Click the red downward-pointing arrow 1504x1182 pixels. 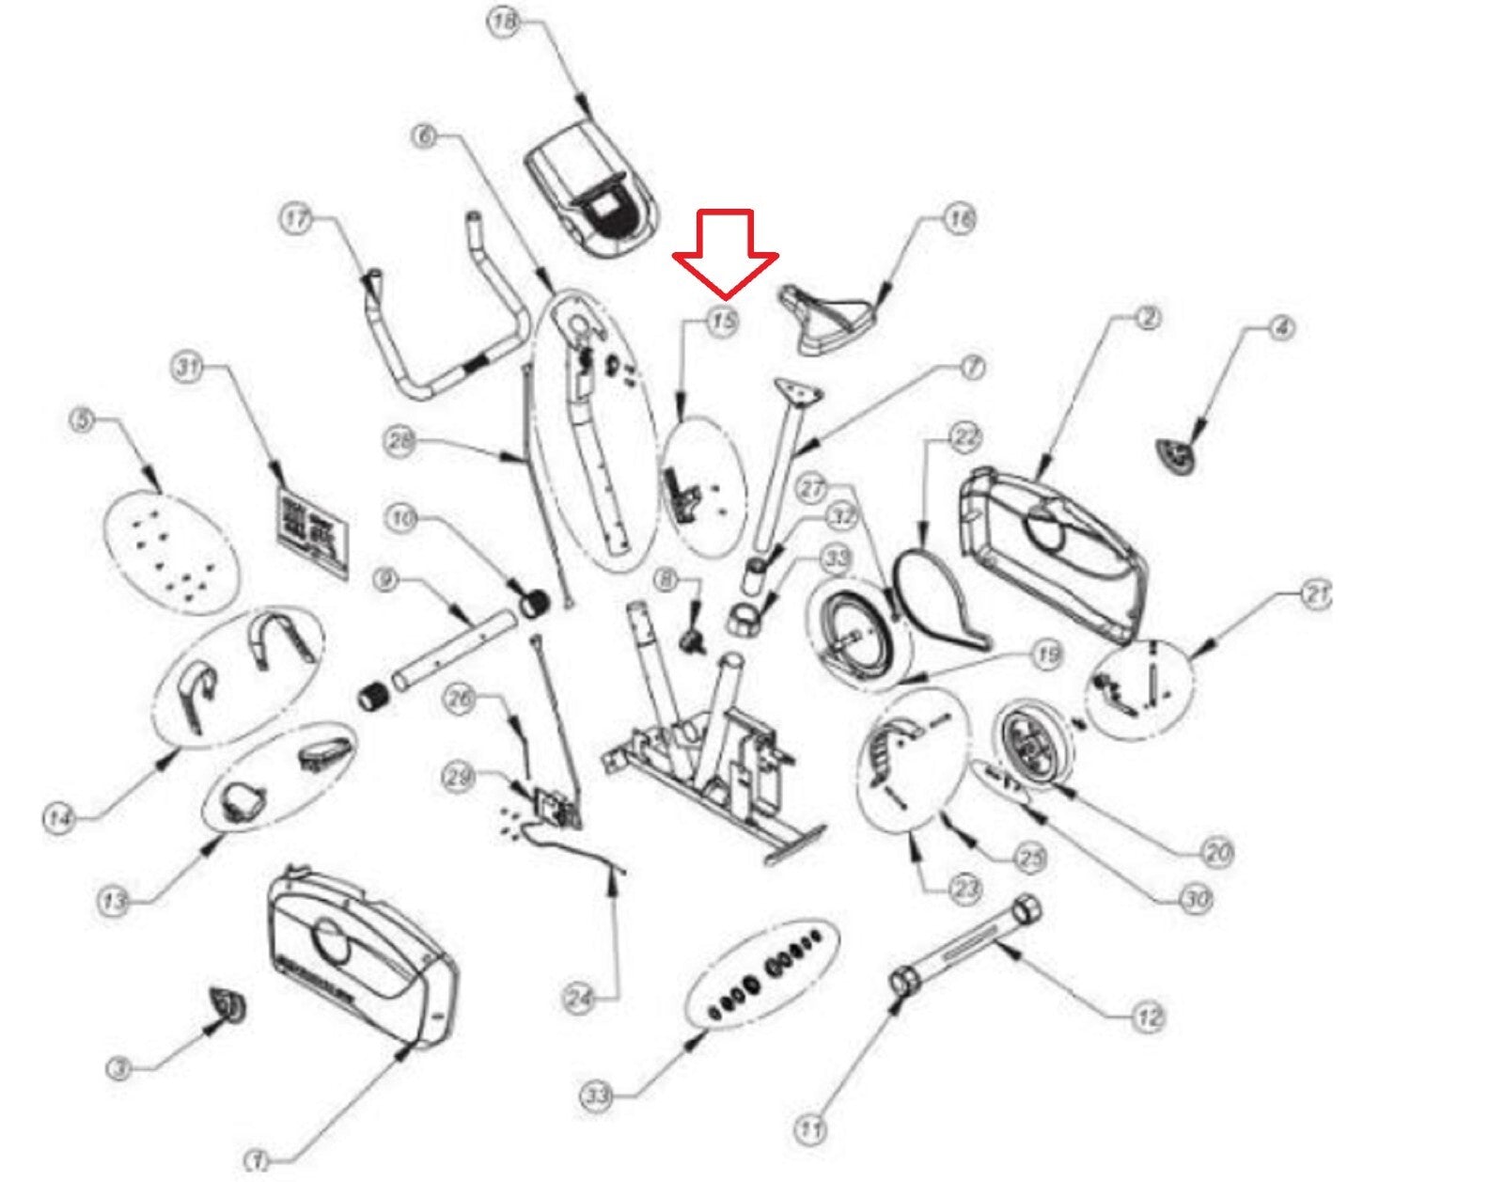tap(725, 249)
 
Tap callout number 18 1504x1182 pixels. tap(506, 22)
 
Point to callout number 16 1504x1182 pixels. tap(958, 220)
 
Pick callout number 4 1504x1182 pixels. tap(1281, 328)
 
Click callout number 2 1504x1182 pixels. tap(1147, 318)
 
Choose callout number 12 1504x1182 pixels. tap(1149, 1016)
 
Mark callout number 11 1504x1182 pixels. tap(810, 1127)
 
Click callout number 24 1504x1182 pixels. tap(580, 999)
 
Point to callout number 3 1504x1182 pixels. tap(118, 1069)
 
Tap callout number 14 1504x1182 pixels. tap(58, 818)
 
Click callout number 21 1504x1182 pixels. tap(1316, 594)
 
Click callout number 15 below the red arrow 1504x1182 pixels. tap(722, 323)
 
